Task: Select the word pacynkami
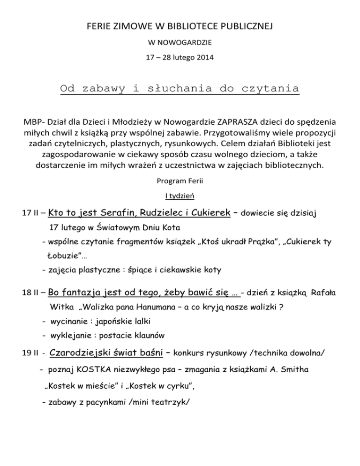pos(108,401)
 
